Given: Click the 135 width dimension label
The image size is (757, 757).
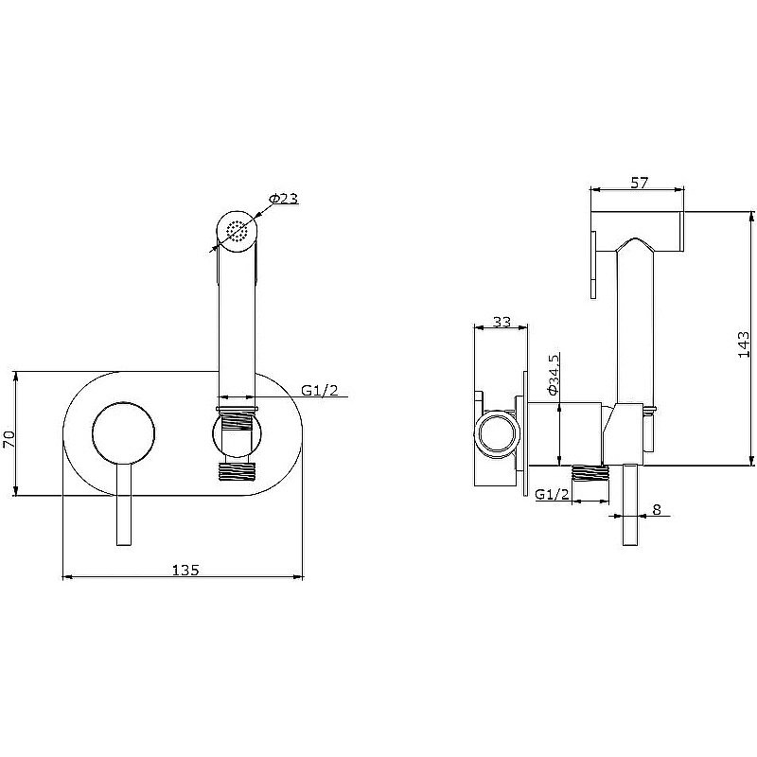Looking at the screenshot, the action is click(x=185, y=571).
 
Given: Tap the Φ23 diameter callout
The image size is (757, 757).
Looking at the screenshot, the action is click(x=284, y=198).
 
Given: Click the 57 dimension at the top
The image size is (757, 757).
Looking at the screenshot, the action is click(x=640, y=183).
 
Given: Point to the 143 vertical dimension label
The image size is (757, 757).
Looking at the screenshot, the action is click(x=744, y=343).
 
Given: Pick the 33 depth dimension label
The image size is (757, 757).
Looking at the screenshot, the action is click(x=502, y=321).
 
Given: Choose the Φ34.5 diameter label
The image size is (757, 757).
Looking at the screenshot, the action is click(x=554, y=374).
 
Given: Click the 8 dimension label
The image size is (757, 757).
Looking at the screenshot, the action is click(x=656, y=509).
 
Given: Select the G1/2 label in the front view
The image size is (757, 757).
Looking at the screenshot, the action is click(x=320, y=390).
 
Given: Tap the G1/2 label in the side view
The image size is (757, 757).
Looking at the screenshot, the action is click(x=553, y=494).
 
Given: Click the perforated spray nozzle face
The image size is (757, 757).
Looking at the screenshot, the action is click(x=238, y=231).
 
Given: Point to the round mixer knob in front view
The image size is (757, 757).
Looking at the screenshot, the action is click(x=124, y=433).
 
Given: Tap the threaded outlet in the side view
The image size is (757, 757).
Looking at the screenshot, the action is click(x=588, y=472).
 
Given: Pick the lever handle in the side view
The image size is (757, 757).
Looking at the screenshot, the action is click(x=630, y=504).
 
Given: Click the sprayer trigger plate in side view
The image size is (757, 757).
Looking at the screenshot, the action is click(x=593, y=265).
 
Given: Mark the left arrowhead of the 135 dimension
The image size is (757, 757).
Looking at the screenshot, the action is click(x=67, y=576).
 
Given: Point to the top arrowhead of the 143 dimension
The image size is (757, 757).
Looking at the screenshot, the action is click(x=750, y=217).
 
